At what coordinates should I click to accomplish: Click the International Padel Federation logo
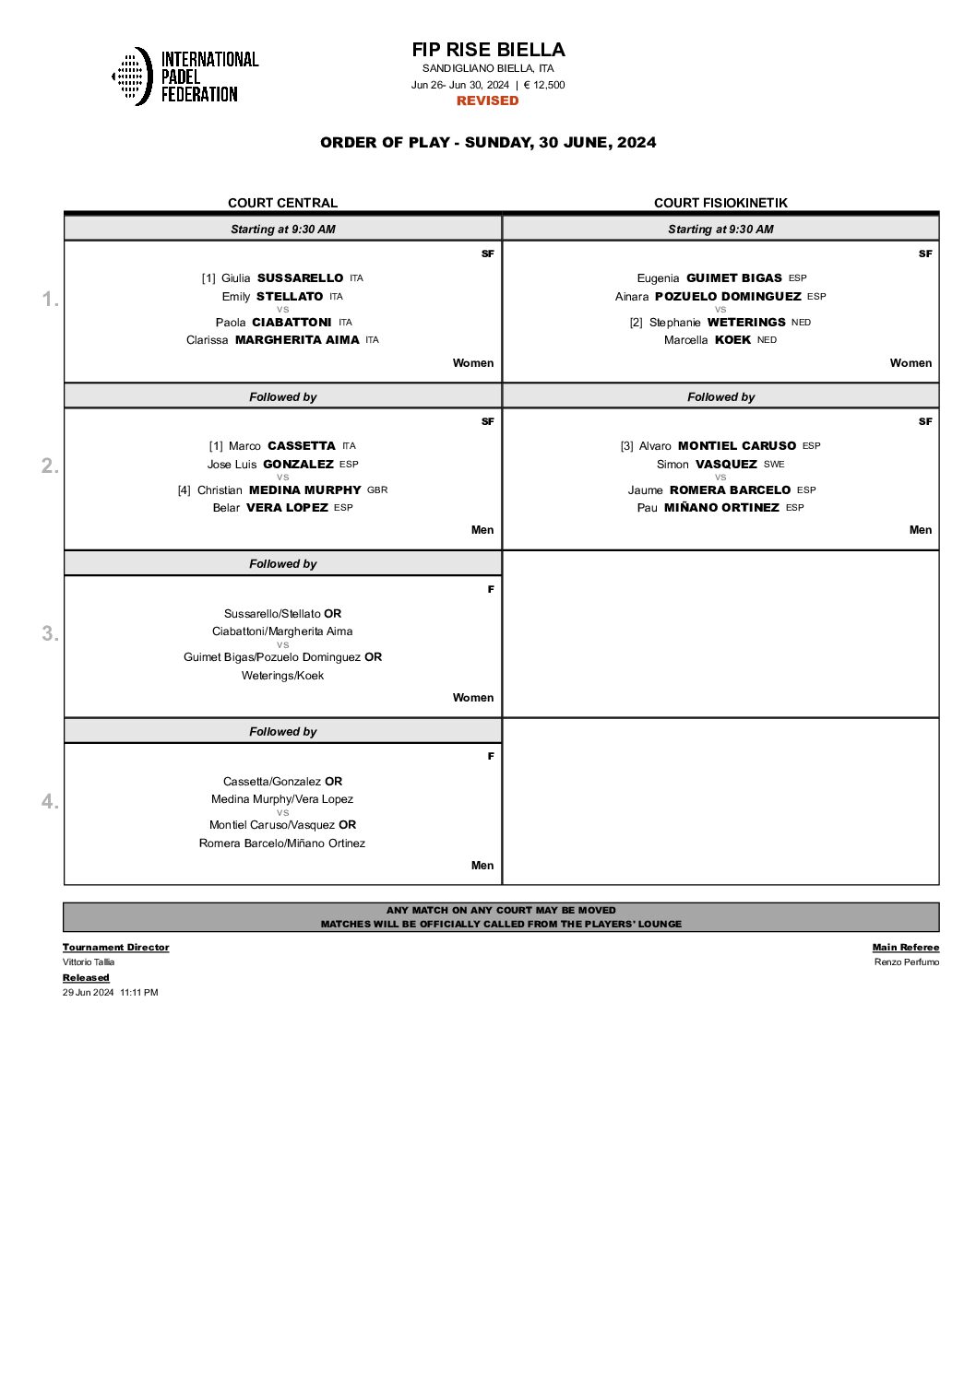click(x=184, y=76)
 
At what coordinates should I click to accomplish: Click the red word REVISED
click(x=488, y=100)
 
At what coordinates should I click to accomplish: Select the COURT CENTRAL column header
click(x=282, y=203)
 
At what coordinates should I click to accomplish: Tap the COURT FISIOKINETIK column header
click(x=720, y=203)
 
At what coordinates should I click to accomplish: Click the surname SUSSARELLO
click(x=300, y=277)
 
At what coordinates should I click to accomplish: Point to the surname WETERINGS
click(x=746, y=322)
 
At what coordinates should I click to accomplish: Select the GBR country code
click(x=377, y=489)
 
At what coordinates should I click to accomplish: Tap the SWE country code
click(x=774, y=464)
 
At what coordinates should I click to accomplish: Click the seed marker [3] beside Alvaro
click(x=626, y=446)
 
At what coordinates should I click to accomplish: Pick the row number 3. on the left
click(x=50, y=633)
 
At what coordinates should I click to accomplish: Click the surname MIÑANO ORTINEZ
click(x=721, y=508)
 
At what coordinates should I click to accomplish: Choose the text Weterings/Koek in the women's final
click(x=282, y=676)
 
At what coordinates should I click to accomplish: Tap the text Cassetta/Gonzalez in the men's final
click(x=272, y=781)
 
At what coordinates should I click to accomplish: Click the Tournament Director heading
click(x=115, y=947)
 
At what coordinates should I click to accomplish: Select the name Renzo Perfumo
click(x=907, y=962)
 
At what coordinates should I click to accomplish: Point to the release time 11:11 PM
click(x=139, y=993)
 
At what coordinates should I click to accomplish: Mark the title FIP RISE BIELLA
click(x=488, y=50)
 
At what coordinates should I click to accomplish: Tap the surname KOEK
click(x=732, y=340)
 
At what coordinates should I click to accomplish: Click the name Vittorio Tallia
click(x=89, y=962)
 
